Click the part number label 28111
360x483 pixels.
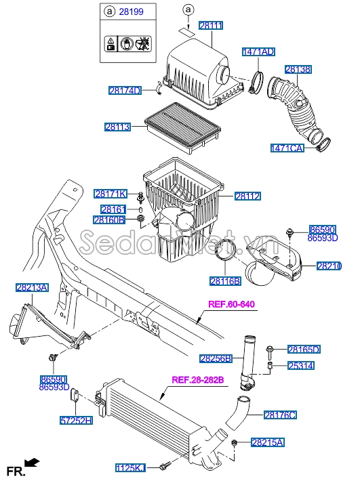tap(210, 25)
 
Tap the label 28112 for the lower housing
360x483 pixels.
tap(247, 196)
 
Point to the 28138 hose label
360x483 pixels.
tap(298, 69)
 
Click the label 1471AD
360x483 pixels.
tap(258, 51)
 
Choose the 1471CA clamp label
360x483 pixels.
tap(287, 147)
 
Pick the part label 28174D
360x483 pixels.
tap(125, 90)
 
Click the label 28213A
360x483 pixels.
tap(32, 288)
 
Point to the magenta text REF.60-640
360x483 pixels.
tap(231, 304)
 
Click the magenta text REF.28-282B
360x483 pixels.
tap(197, 379)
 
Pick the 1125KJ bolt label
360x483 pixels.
tap(130, 467)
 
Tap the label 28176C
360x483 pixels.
tap(281, 414)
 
